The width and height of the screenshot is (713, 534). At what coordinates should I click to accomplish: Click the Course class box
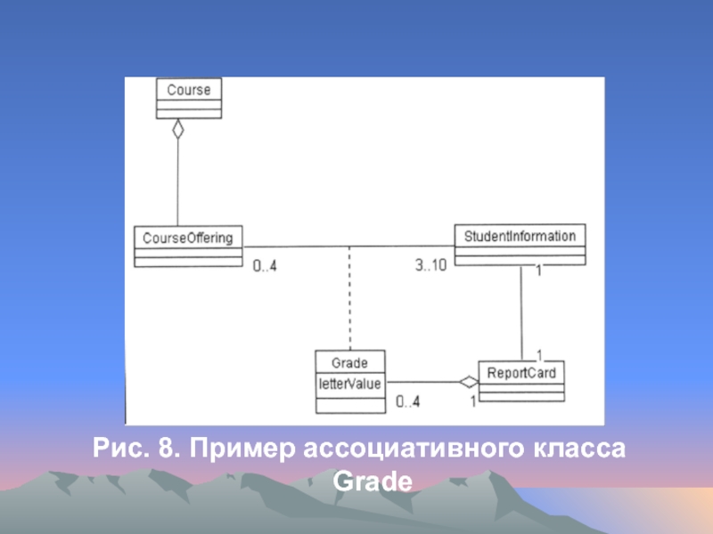(188, 97)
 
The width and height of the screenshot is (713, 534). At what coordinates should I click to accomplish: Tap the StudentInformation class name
(520, 236)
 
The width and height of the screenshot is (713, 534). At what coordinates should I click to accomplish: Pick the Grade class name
(349, 364)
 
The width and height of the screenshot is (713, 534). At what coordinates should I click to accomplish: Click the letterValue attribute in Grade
(349, 384)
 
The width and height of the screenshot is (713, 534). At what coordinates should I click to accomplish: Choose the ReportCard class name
(520, 372)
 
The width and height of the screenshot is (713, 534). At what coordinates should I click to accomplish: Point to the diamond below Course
(178, 129)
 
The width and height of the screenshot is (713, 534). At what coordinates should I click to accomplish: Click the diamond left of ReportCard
(468, 383)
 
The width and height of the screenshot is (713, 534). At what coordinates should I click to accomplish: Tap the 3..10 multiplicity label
(431, 264)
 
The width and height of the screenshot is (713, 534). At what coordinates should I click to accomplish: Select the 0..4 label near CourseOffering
(264, 265)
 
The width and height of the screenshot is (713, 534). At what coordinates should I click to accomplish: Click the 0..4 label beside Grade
(407, 402)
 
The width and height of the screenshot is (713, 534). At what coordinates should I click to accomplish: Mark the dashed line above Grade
(349, 298)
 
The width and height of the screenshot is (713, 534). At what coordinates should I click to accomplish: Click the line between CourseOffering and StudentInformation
(348, 246)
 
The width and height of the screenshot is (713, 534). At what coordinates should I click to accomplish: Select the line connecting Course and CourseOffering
(178, 182)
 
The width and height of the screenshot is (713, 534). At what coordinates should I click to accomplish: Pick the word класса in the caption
(577, 449)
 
